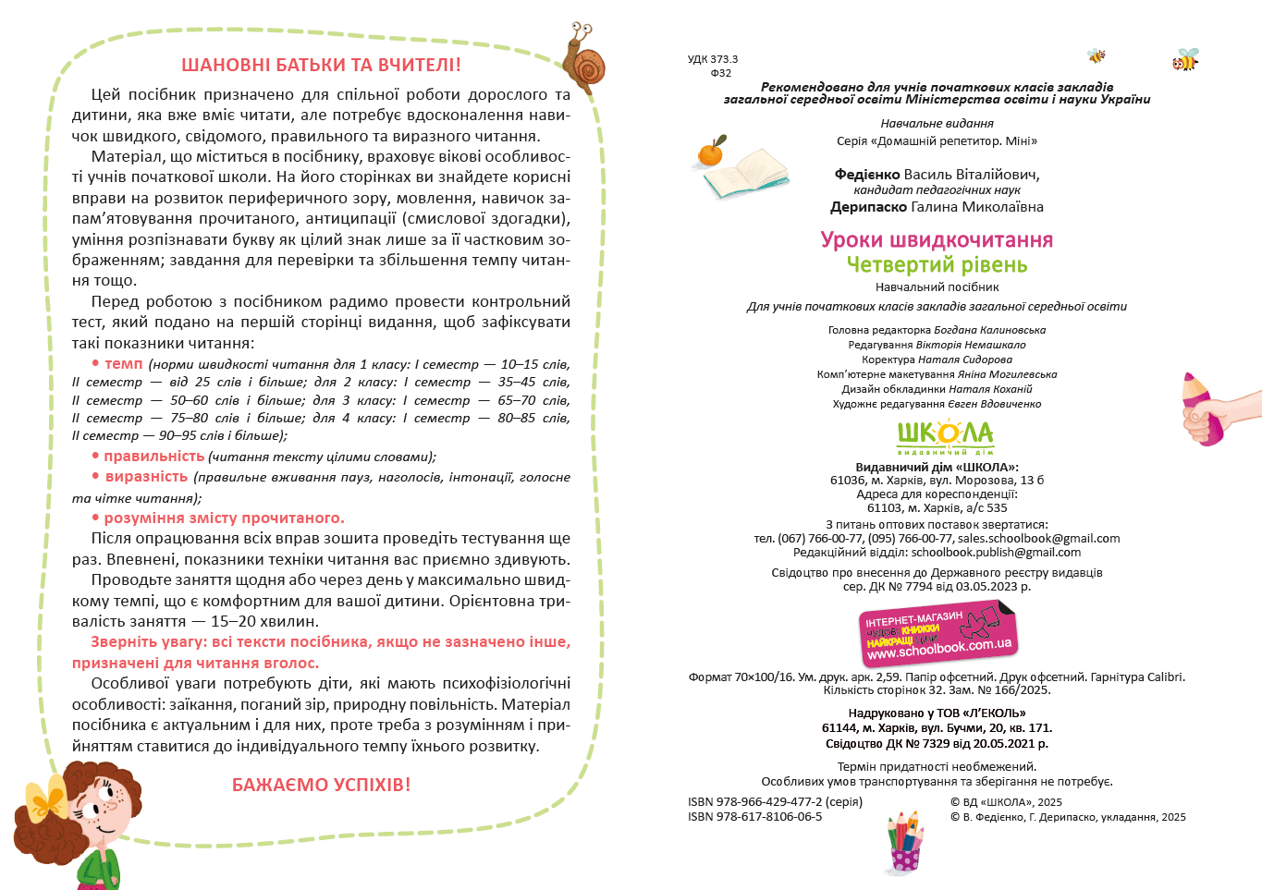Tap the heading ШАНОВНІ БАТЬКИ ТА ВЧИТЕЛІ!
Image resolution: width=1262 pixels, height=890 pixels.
click(x=321, y=66)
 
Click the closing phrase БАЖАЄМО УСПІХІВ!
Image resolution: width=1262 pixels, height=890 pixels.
click(x=321, y=785)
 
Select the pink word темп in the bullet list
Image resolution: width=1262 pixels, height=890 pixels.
click(x=123, y=364)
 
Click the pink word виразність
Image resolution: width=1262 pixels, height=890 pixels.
click(x=146, y=477)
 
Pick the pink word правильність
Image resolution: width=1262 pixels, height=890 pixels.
click(x=153, y=457)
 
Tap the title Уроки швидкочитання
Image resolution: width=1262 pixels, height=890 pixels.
click(x=937, y=240)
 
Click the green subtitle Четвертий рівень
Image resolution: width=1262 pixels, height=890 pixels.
click(x=937, y=265)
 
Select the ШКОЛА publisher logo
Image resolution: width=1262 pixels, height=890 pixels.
click(x=945, y=436)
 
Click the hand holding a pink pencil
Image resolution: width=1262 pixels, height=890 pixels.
click(x=1205, y=410)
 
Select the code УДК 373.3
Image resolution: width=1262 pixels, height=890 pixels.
click(x=713, y=59)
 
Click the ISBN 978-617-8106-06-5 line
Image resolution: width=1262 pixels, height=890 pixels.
click(x=754, y=817)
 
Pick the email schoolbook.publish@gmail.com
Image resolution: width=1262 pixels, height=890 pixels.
click(x=996, y=553)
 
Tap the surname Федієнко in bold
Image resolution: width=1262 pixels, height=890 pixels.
click(x=867, y=175)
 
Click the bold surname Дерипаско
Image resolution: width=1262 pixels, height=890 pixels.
click(x=868, y=207)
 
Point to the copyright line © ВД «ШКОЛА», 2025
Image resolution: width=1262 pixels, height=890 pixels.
click(x=1006, y=802)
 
